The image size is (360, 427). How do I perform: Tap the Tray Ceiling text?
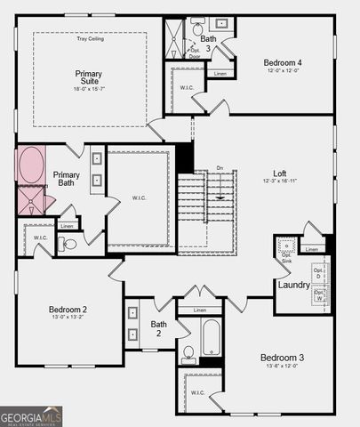click(90, 39)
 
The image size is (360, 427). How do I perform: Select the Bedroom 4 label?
click(284, 62)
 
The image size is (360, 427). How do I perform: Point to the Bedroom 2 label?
click(68, 310)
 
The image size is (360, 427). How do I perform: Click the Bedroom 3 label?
click(283, 358)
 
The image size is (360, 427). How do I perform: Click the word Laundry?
click(294, 285)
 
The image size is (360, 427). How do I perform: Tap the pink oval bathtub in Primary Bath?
click(31, 165)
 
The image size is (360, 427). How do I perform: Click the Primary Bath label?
click(66, 181)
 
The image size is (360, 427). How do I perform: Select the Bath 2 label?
click(158, 329)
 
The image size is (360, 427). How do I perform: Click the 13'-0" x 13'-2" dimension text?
click(68, 320)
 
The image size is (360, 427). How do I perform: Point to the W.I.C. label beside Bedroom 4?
click(186, 86)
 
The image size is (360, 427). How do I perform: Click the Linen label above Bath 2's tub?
click(200, 310)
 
